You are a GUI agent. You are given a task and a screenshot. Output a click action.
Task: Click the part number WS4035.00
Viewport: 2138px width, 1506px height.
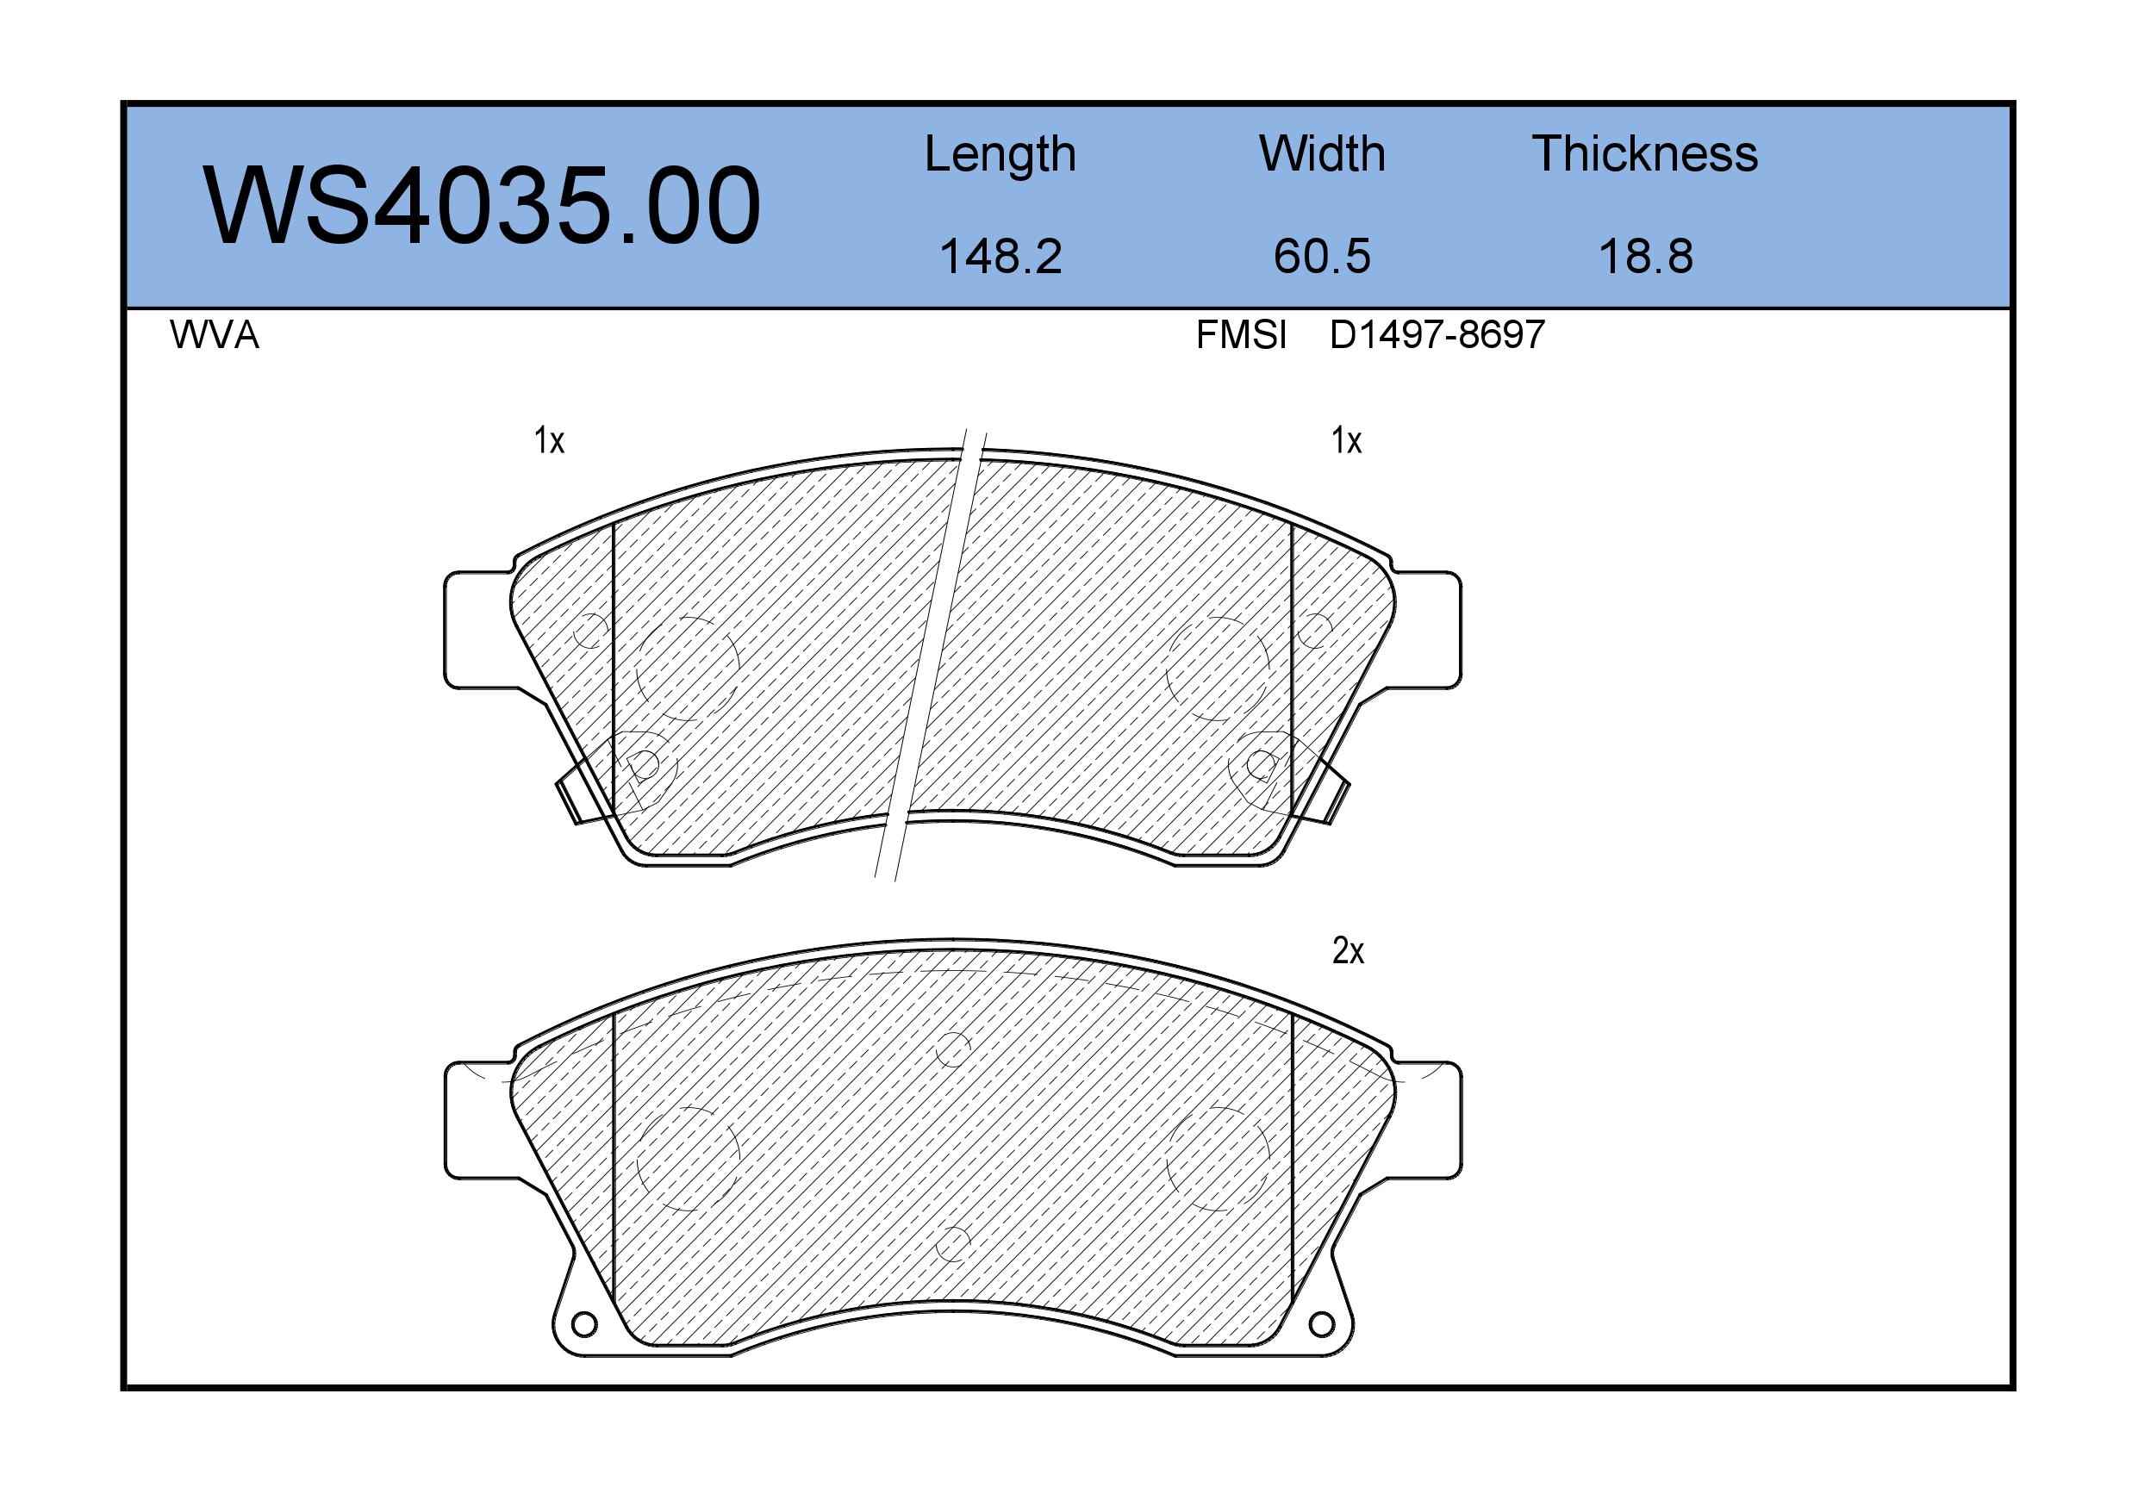tap(482, 206)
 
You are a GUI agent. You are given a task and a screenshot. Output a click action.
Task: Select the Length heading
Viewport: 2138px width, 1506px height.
tap(1000, 154)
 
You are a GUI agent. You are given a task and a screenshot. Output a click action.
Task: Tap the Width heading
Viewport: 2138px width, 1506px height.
tap(1321, 153)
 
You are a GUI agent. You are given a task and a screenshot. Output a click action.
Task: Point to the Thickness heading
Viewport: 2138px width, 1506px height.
tap(1644, 153)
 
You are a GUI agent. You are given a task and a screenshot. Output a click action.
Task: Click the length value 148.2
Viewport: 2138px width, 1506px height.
tap(1000, 256)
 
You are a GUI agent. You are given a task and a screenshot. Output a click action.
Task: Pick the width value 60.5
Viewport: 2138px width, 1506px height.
tap(1322, 256)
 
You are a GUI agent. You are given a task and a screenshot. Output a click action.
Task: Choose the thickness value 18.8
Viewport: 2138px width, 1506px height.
tap(1645, 256)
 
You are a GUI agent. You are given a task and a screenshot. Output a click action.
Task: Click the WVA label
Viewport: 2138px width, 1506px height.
tap(215, 335)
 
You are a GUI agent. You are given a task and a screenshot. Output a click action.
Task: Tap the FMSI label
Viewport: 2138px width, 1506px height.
tap(1241, 335)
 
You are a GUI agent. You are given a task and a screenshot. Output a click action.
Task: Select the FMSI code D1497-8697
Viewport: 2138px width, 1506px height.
tap(1437, 335)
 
